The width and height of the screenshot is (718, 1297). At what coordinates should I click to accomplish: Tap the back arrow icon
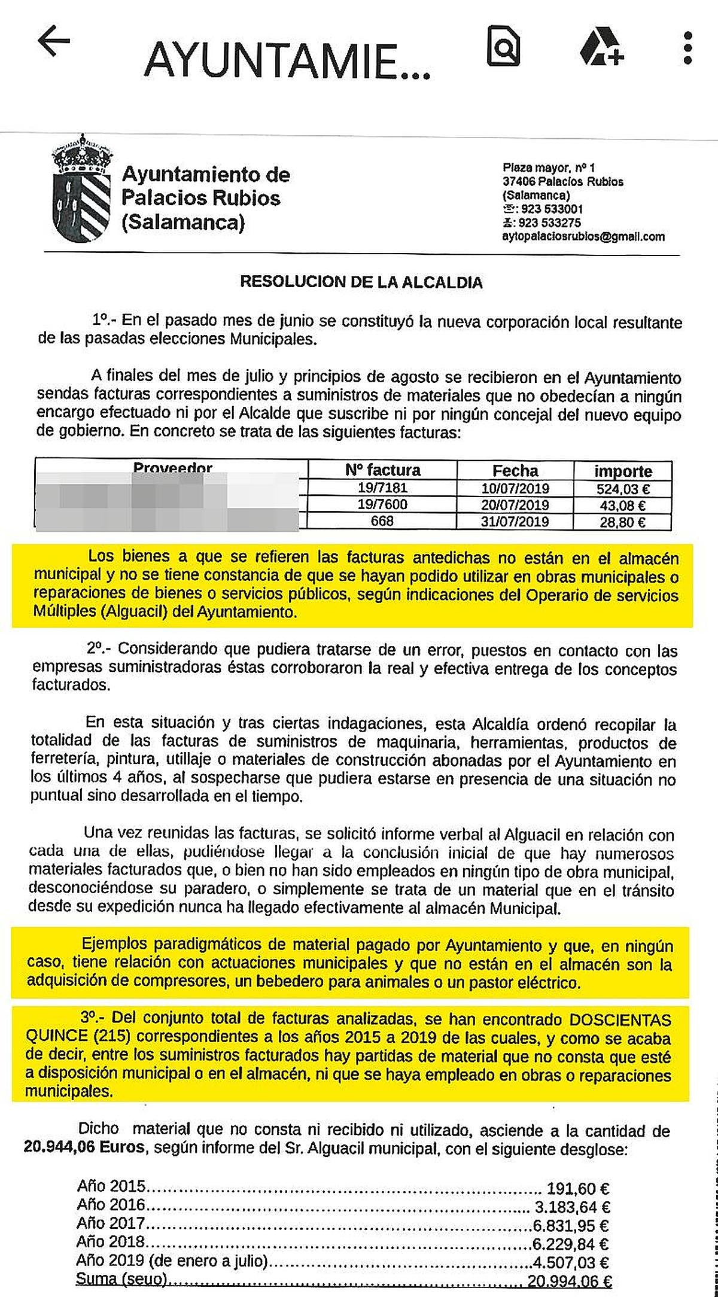pyautogui.click(x=54, y=43)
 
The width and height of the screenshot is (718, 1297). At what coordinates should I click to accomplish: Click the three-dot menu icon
pyautogui.click(x=687, y=48)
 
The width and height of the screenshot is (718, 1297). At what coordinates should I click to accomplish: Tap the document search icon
pyautogui.click(x=503, y=45)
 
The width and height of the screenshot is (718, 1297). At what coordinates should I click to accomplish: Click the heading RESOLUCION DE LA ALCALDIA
pyautogui.click(x=361, y=282)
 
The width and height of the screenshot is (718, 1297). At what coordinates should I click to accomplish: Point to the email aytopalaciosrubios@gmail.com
pyautogui.click(x=583, y=236)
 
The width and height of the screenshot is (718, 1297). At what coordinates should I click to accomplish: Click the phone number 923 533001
pyautogui.click(x=551, y=209)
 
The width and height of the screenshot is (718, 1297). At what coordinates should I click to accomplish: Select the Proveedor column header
pyautogui.click(x=172, y=468)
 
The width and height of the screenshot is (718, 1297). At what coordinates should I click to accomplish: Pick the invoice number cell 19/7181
pyautogui.click(x=382, y=488)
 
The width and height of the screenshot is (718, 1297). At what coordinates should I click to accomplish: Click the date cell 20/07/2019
pyautogui.click(x=515, y=505)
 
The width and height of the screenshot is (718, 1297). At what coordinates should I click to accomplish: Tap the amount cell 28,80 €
pyautogui.click(x=622, y=522)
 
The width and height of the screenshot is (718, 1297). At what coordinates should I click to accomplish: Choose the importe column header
pyautogui.click(x=622, y=471)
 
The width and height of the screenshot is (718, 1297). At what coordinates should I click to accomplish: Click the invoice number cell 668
pyautogui.click(x=382, y=522)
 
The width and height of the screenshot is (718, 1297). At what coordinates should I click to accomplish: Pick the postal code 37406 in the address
pyautogui.click(x=518, y=182)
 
